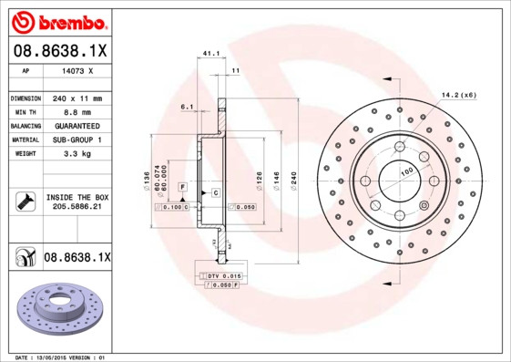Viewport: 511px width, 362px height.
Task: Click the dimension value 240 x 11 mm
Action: pos(77,98)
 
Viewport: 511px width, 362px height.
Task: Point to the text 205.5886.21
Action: pos(77,207)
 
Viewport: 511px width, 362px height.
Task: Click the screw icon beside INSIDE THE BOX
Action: pos(25,202)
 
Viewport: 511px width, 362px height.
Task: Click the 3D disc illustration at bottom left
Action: pos(56,314)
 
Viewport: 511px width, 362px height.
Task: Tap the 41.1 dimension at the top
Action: pos(210,54)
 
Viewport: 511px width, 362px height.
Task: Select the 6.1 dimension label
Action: pos(188,108)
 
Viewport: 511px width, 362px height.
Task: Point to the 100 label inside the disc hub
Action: pos(404,170)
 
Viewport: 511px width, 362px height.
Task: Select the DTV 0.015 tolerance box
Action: pos(220,275)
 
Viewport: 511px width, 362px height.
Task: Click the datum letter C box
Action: pos(216,192)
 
